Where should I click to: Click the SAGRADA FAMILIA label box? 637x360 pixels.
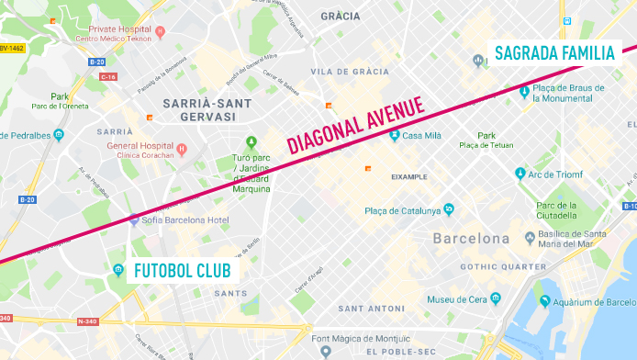(553, 53)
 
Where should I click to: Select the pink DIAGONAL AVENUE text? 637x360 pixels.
(358, 125)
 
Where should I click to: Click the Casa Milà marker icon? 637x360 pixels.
(395, 136)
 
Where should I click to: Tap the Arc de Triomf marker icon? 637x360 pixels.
(520, 174)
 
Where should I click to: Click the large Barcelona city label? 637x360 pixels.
(471, 239)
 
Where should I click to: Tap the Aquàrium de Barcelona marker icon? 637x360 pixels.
(544, 300)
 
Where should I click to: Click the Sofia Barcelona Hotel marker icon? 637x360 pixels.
(134, 219)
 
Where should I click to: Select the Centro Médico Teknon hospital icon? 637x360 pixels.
(160, 32)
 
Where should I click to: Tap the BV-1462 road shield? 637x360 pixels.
(13, 48)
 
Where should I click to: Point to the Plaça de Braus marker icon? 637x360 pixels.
(524, 91)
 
